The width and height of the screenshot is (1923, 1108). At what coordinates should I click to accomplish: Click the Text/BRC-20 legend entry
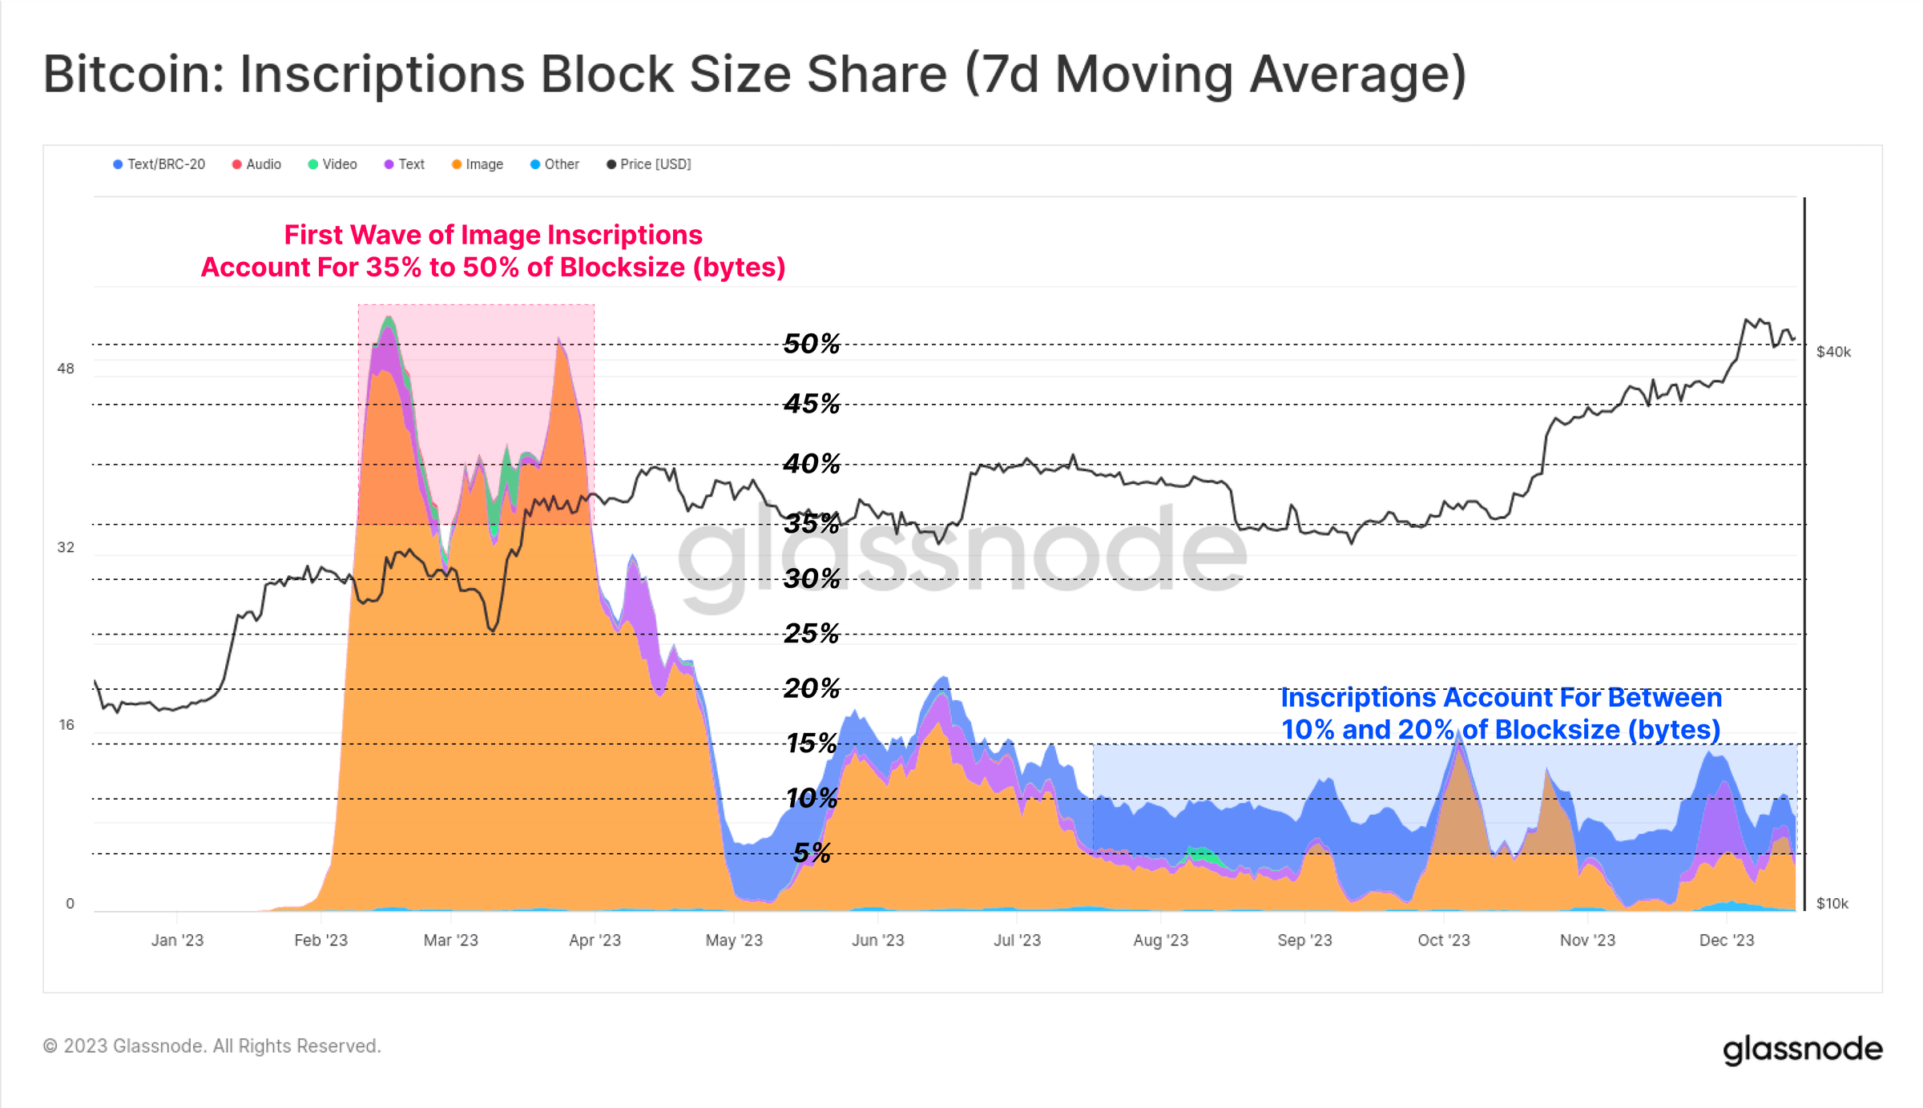[159, 164]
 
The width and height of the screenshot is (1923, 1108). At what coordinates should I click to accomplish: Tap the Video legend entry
[333, 164]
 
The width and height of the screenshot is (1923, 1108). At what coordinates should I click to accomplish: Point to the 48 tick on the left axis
[66, 369]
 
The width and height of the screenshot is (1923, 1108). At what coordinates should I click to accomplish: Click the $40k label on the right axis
[1833, 352]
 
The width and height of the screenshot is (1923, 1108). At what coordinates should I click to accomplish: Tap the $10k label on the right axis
[1832, 904]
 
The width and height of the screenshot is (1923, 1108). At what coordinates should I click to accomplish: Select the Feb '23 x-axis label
[320, 941]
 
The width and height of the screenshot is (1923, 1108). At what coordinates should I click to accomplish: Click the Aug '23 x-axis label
[1160, 941]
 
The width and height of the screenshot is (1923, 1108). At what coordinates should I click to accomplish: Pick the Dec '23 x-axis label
[1727, 941]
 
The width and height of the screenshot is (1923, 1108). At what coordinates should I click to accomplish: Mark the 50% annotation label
[812, 344]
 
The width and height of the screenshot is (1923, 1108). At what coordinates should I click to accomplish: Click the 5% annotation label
[812, 853]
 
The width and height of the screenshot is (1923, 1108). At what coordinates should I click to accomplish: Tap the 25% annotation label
[812, 634]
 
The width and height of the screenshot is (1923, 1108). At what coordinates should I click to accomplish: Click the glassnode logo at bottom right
[1802, 1049]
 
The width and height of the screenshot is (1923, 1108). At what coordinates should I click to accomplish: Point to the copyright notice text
[212, 1046]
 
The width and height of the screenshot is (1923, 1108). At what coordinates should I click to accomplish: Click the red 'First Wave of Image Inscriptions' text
[493, 235]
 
